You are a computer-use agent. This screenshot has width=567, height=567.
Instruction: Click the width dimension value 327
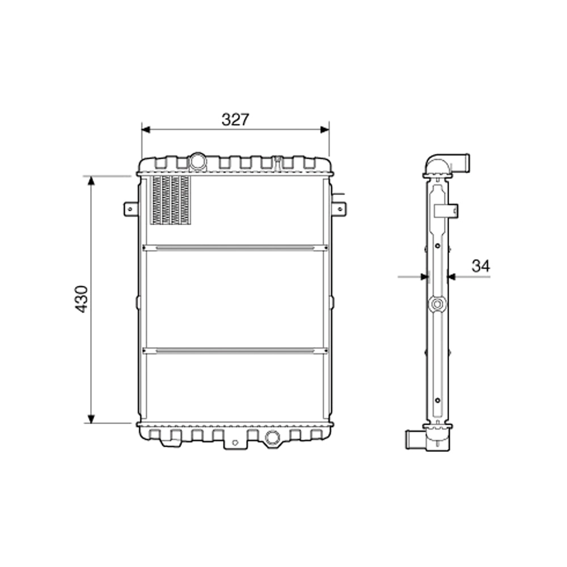[x=235, y=120]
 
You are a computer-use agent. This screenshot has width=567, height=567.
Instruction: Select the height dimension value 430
[x=82, y=299]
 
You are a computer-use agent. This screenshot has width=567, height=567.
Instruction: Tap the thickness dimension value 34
[x=481, y=265]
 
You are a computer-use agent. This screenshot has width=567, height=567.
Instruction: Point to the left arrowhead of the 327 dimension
[x=146, y=130]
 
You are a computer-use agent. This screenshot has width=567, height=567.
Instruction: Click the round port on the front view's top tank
[x=198, y=161]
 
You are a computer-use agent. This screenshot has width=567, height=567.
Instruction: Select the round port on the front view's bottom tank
[x=272, y=437]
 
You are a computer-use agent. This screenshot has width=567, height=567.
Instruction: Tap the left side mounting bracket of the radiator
[x=130, y=209]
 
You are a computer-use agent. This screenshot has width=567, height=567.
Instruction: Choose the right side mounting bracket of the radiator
[x=338, y=209]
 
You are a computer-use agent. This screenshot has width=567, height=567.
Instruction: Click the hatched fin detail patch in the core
[x=171, y=200]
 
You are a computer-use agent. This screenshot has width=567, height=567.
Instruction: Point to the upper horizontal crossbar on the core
[x=235, y=248]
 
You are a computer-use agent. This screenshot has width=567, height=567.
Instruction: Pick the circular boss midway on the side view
[x=437, y=304]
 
